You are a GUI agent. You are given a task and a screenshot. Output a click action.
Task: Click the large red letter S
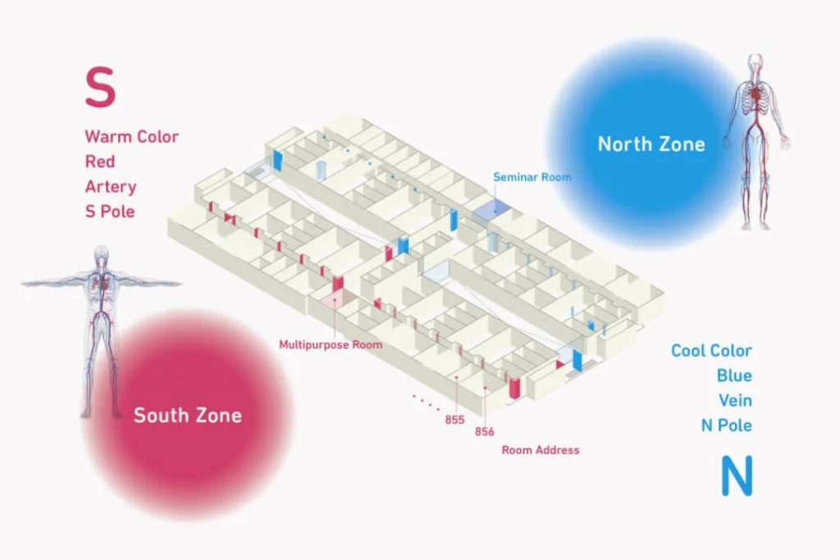(100, 87)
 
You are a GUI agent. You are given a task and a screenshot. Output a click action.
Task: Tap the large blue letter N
(737, 476)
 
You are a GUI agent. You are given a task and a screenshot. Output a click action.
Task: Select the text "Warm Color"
(131, 137)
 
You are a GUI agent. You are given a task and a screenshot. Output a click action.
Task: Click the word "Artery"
(111, 187)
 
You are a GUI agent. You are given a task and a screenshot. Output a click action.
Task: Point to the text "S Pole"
(110, 211)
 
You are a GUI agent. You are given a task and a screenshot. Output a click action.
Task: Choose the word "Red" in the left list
(99, 162)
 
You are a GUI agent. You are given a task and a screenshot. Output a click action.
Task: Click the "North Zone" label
(651, 144)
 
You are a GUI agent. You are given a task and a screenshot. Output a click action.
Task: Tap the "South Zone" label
(188, 416)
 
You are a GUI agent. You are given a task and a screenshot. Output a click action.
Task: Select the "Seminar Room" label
(532, 176)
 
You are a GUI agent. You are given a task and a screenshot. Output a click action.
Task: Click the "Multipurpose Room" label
(331, 345)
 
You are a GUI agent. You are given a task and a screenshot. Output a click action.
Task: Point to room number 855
(454, 420)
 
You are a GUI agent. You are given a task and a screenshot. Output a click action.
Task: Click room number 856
(484, 431)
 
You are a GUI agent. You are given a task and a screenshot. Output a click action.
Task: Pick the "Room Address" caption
(541, 449)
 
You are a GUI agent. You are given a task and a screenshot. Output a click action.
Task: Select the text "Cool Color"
(711, 351)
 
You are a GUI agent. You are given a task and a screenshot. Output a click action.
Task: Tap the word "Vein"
(735, 400)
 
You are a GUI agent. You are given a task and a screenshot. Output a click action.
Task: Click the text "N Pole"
(727, 425)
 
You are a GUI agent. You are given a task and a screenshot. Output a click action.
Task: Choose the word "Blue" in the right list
(734, 376)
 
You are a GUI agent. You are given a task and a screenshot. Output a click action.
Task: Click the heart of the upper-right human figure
(756, 94)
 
